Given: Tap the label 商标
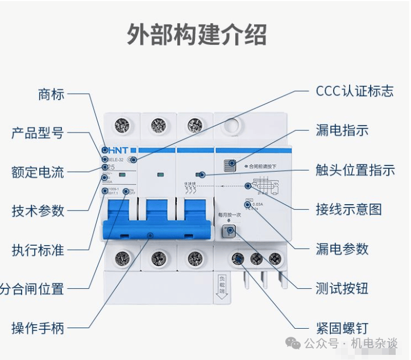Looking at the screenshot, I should [51, 94].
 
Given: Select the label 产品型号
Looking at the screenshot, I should [38, 134].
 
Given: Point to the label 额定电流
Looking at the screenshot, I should [38, 172].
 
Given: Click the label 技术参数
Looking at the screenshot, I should [38, 210].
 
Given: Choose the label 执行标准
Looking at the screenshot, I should [38, 250].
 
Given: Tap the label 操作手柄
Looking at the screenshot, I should [38, 328].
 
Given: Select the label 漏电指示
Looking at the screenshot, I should [342, 130].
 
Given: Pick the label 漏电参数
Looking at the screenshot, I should [342, 249].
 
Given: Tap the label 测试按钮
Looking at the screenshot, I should [342, 288].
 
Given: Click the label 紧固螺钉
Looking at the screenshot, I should [342, 328].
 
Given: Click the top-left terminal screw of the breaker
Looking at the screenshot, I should [122, 126].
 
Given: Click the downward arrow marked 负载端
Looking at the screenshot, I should [221, 290].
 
